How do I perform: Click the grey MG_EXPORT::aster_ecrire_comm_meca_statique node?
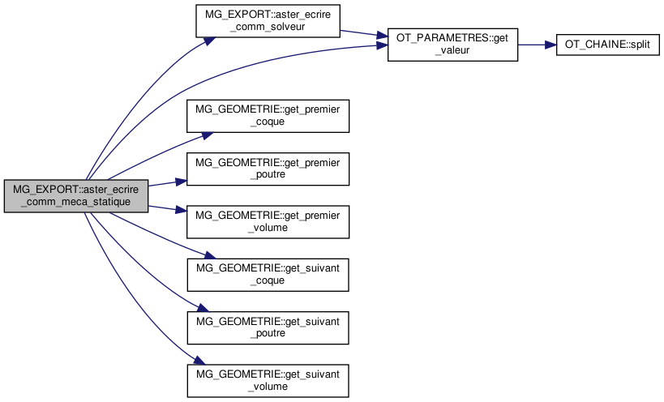coord(76,196)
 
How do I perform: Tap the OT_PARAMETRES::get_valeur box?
coord(452,44)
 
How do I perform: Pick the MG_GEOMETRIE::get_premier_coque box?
coord(268,117)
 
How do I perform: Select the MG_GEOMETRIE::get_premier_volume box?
coord(268,222)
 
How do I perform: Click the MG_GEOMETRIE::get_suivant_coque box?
coord(268,275)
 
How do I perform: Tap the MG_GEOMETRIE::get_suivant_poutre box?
coord(268,328)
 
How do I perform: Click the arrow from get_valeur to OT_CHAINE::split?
coord(536,44)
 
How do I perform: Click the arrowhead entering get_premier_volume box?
coord(182,213)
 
